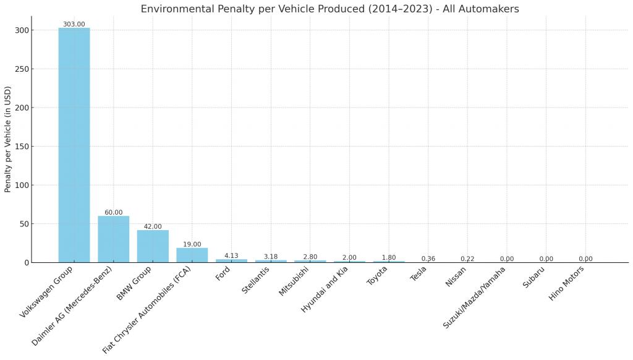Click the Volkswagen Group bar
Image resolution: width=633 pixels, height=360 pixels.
(x=74, y=145)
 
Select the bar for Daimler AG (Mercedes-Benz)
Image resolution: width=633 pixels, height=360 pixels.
(x=113, y=239)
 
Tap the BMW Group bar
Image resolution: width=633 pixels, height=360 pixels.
(x=153, y=246)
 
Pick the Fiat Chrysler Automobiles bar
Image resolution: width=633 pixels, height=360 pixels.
(x=192, y=255)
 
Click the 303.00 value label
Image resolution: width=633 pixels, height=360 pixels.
(x=74, y=24)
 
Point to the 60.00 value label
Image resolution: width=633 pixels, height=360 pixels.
(x=113, y=212)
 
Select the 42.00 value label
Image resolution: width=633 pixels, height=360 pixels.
(x=153, y=226)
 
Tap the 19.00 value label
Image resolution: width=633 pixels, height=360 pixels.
(x=192, y=244)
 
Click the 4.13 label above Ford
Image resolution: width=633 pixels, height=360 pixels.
(x=231, y=255)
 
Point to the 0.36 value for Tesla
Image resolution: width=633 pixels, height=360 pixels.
(x=428, y=259)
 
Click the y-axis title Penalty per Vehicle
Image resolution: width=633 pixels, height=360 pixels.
(x=8, y=139)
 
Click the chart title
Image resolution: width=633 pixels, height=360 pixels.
(x=329, y=9)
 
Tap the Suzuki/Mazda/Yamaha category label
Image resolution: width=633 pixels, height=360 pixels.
(x=474, y=298)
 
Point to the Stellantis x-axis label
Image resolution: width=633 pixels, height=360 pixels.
(x=255, y=280)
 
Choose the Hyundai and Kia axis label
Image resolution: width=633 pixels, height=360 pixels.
(x=324, y=288)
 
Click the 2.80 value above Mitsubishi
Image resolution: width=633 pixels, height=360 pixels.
(x=310, y=257)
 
